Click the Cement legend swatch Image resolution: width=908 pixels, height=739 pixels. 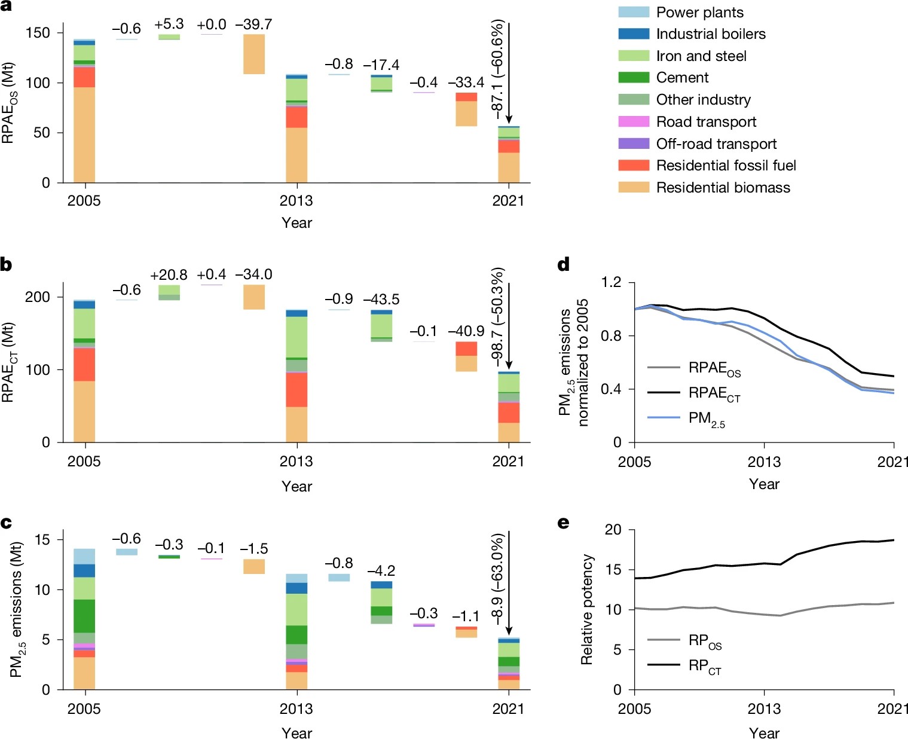(634, 78)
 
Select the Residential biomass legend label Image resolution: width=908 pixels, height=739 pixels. (723, 188)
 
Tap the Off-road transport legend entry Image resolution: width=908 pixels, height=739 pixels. (716, 144)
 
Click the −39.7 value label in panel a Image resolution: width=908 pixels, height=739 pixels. (253, 25)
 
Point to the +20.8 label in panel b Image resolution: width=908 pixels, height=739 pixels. (169, 275)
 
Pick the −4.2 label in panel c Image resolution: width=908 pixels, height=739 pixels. (381, 570)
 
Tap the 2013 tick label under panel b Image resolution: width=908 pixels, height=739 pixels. (296, 461)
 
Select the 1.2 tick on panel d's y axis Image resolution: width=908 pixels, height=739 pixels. (610, 282)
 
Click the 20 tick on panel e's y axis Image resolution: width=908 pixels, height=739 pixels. (613, 530)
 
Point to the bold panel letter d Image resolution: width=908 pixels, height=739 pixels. (563, 265)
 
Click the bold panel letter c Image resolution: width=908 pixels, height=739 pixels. (7, 523)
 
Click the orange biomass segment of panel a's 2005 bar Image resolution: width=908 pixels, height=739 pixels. (84, 135)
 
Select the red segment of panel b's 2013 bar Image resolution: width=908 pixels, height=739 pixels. (296, 389)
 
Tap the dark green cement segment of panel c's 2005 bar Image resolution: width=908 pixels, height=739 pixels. (84, 616)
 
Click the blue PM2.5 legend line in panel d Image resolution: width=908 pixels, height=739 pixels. (664, 417)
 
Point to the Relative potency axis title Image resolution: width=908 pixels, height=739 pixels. (587, 609)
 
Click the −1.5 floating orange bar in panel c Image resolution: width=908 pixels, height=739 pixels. (253, 566)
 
